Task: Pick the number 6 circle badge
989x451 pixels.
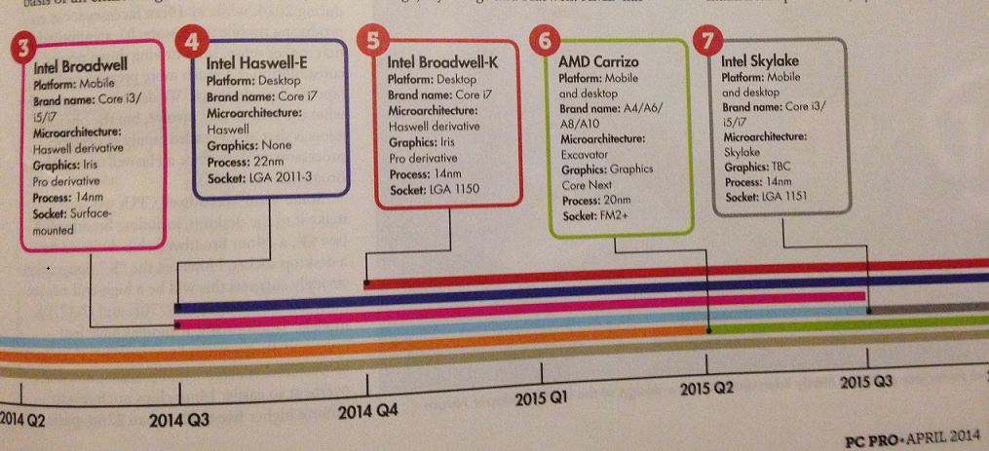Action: [x=546, y=41]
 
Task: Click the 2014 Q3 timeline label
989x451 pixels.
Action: [x=179, y=421]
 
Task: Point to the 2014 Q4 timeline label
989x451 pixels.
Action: [x=366, y=411]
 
